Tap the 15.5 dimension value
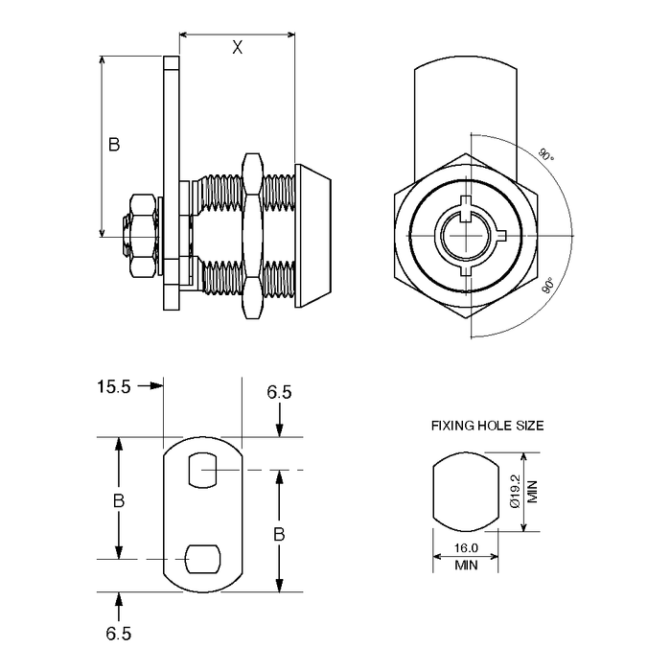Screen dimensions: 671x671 click(x=113, y=386)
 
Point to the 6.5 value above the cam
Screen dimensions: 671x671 click(x=279, y=392)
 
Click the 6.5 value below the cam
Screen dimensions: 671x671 click(x=119, y=634)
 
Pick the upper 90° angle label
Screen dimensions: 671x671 click(x=544, y=154)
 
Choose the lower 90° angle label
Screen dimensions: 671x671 click(x=548, y=286)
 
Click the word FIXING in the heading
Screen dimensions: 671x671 click(x=452, y=425)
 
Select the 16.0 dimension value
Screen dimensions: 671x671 click(x=466, y=549)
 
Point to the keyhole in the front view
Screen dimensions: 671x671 click(x=466, y=234)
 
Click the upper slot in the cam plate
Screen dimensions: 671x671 click(x=203, y=467)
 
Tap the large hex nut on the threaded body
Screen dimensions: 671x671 click(x=253, y=235)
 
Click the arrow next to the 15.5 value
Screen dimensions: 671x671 click(x=150, y=386)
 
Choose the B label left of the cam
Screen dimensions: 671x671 click(x=119, y=500)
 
